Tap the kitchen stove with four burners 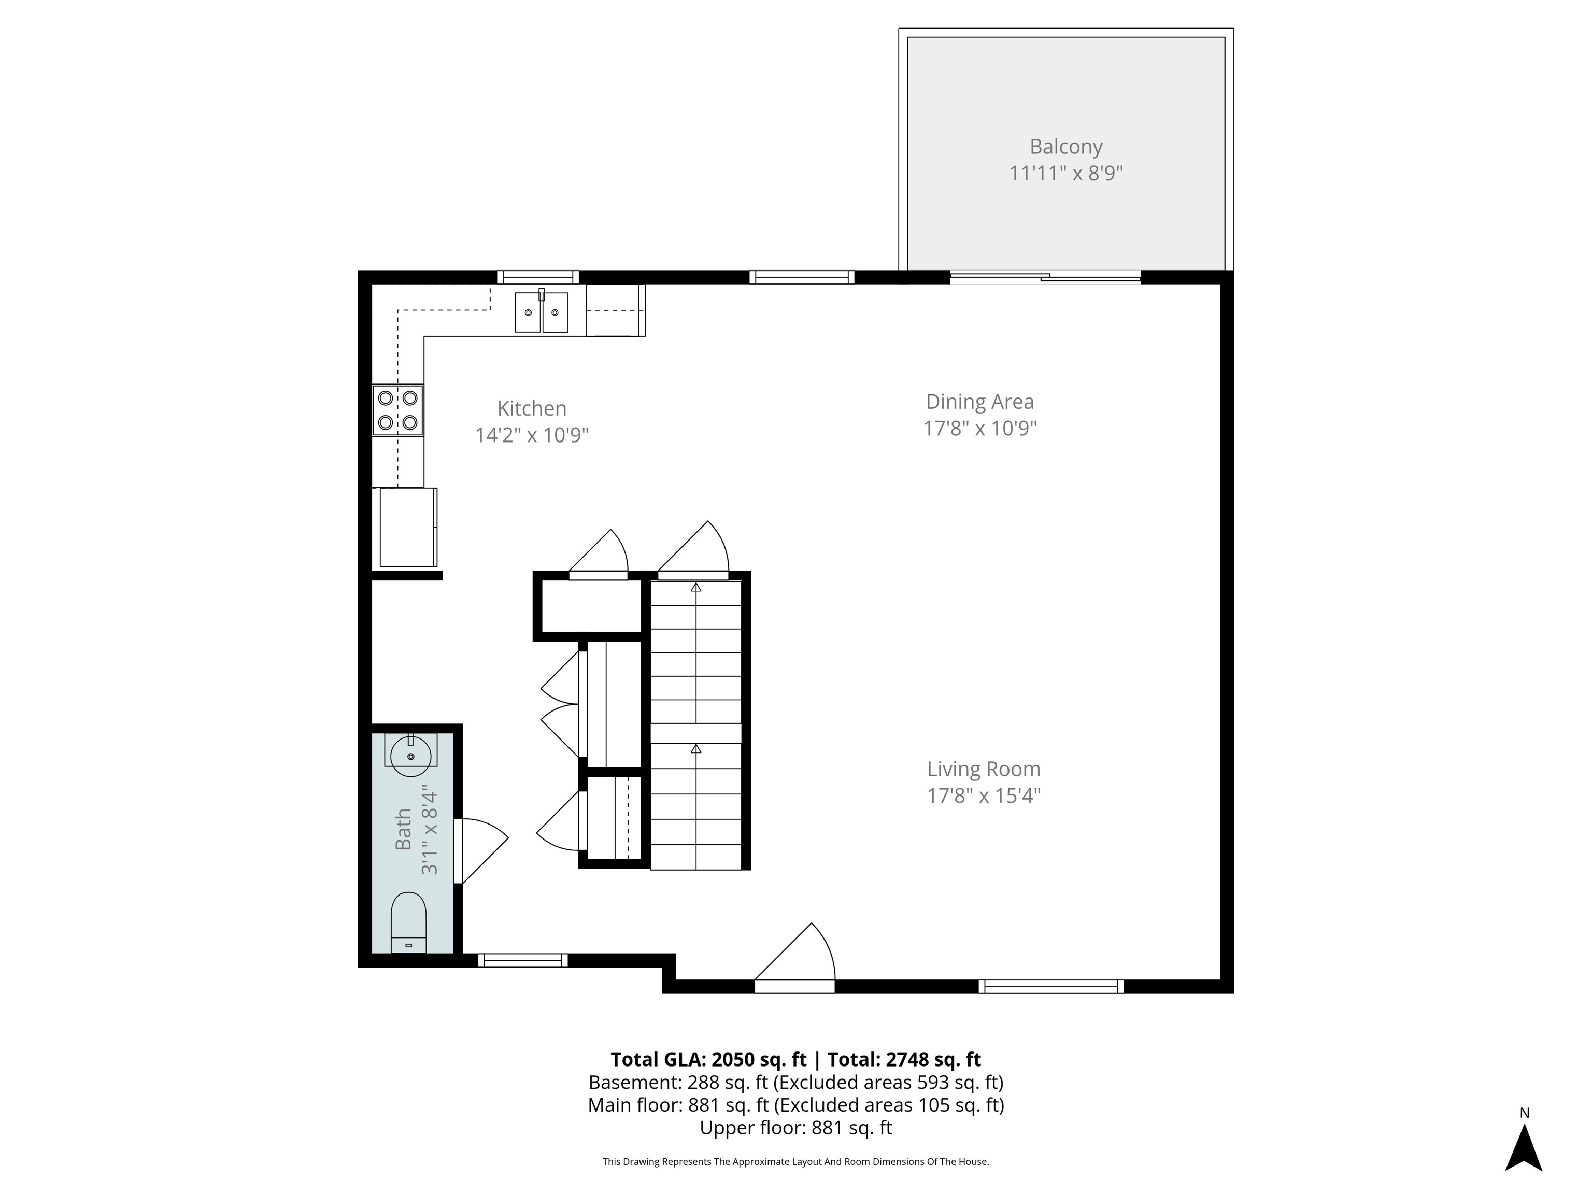(397, 410)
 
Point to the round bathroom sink (410, 756)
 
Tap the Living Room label (983, 770)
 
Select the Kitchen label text (532, 409)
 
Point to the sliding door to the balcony (1045, 277)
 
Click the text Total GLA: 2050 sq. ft (708, 1059)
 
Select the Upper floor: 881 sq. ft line (795, 1128)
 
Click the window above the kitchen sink (537, 277)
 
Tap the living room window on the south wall (1051, 987)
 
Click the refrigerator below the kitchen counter (407, 528)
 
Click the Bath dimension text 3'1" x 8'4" (430, 830)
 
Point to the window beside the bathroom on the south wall (522, 960)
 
